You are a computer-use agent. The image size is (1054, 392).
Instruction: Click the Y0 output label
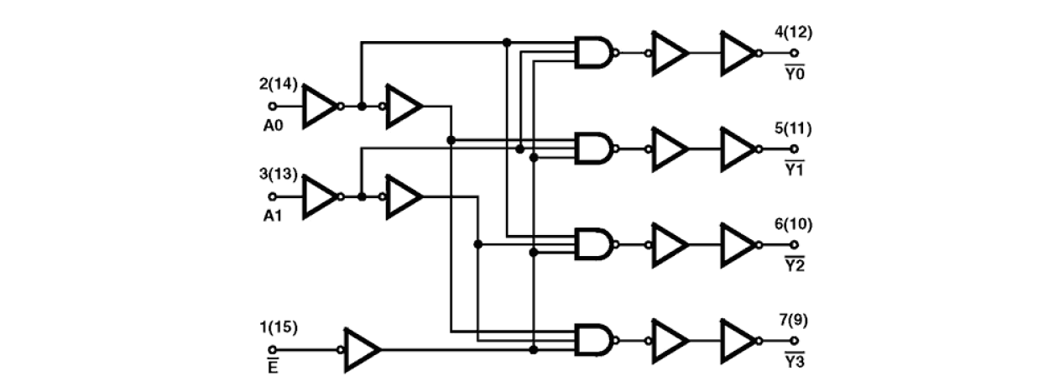pos(794,73)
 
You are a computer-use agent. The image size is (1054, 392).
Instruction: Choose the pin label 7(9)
pos(794,320)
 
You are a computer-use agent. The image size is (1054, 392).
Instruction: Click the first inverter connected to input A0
pos(319,107)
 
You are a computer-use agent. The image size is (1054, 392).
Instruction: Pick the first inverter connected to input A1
pos(319,196)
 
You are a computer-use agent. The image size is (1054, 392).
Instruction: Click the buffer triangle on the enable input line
pos(361,348)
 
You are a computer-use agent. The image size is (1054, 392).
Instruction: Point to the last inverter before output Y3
pos(738,340)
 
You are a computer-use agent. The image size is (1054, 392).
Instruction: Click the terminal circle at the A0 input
pos(271,107)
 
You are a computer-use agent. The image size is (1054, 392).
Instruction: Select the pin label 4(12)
pos(794,33)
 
